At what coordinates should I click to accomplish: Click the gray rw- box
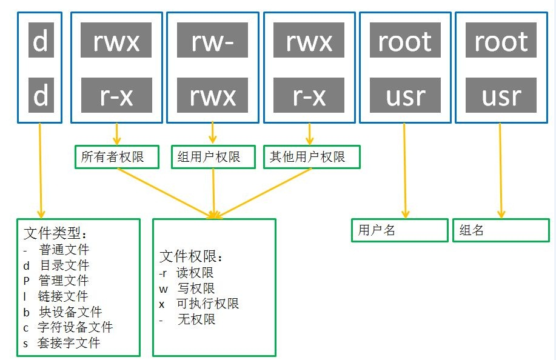point(213,42)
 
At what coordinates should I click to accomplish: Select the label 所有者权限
point(116,157)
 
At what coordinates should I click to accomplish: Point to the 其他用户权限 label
point(312,157)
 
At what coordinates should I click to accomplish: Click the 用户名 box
point(399,230)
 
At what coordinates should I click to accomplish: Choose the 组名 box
point(500,230)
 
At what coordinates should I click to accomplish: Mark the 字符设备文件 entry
point(75,327)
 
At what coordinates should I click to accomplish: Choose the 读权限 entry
point(194,273)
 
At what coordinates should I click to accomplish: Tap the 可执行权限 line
point(206,304)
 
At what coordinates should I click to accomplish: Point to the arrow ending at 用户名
point(405,170)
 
